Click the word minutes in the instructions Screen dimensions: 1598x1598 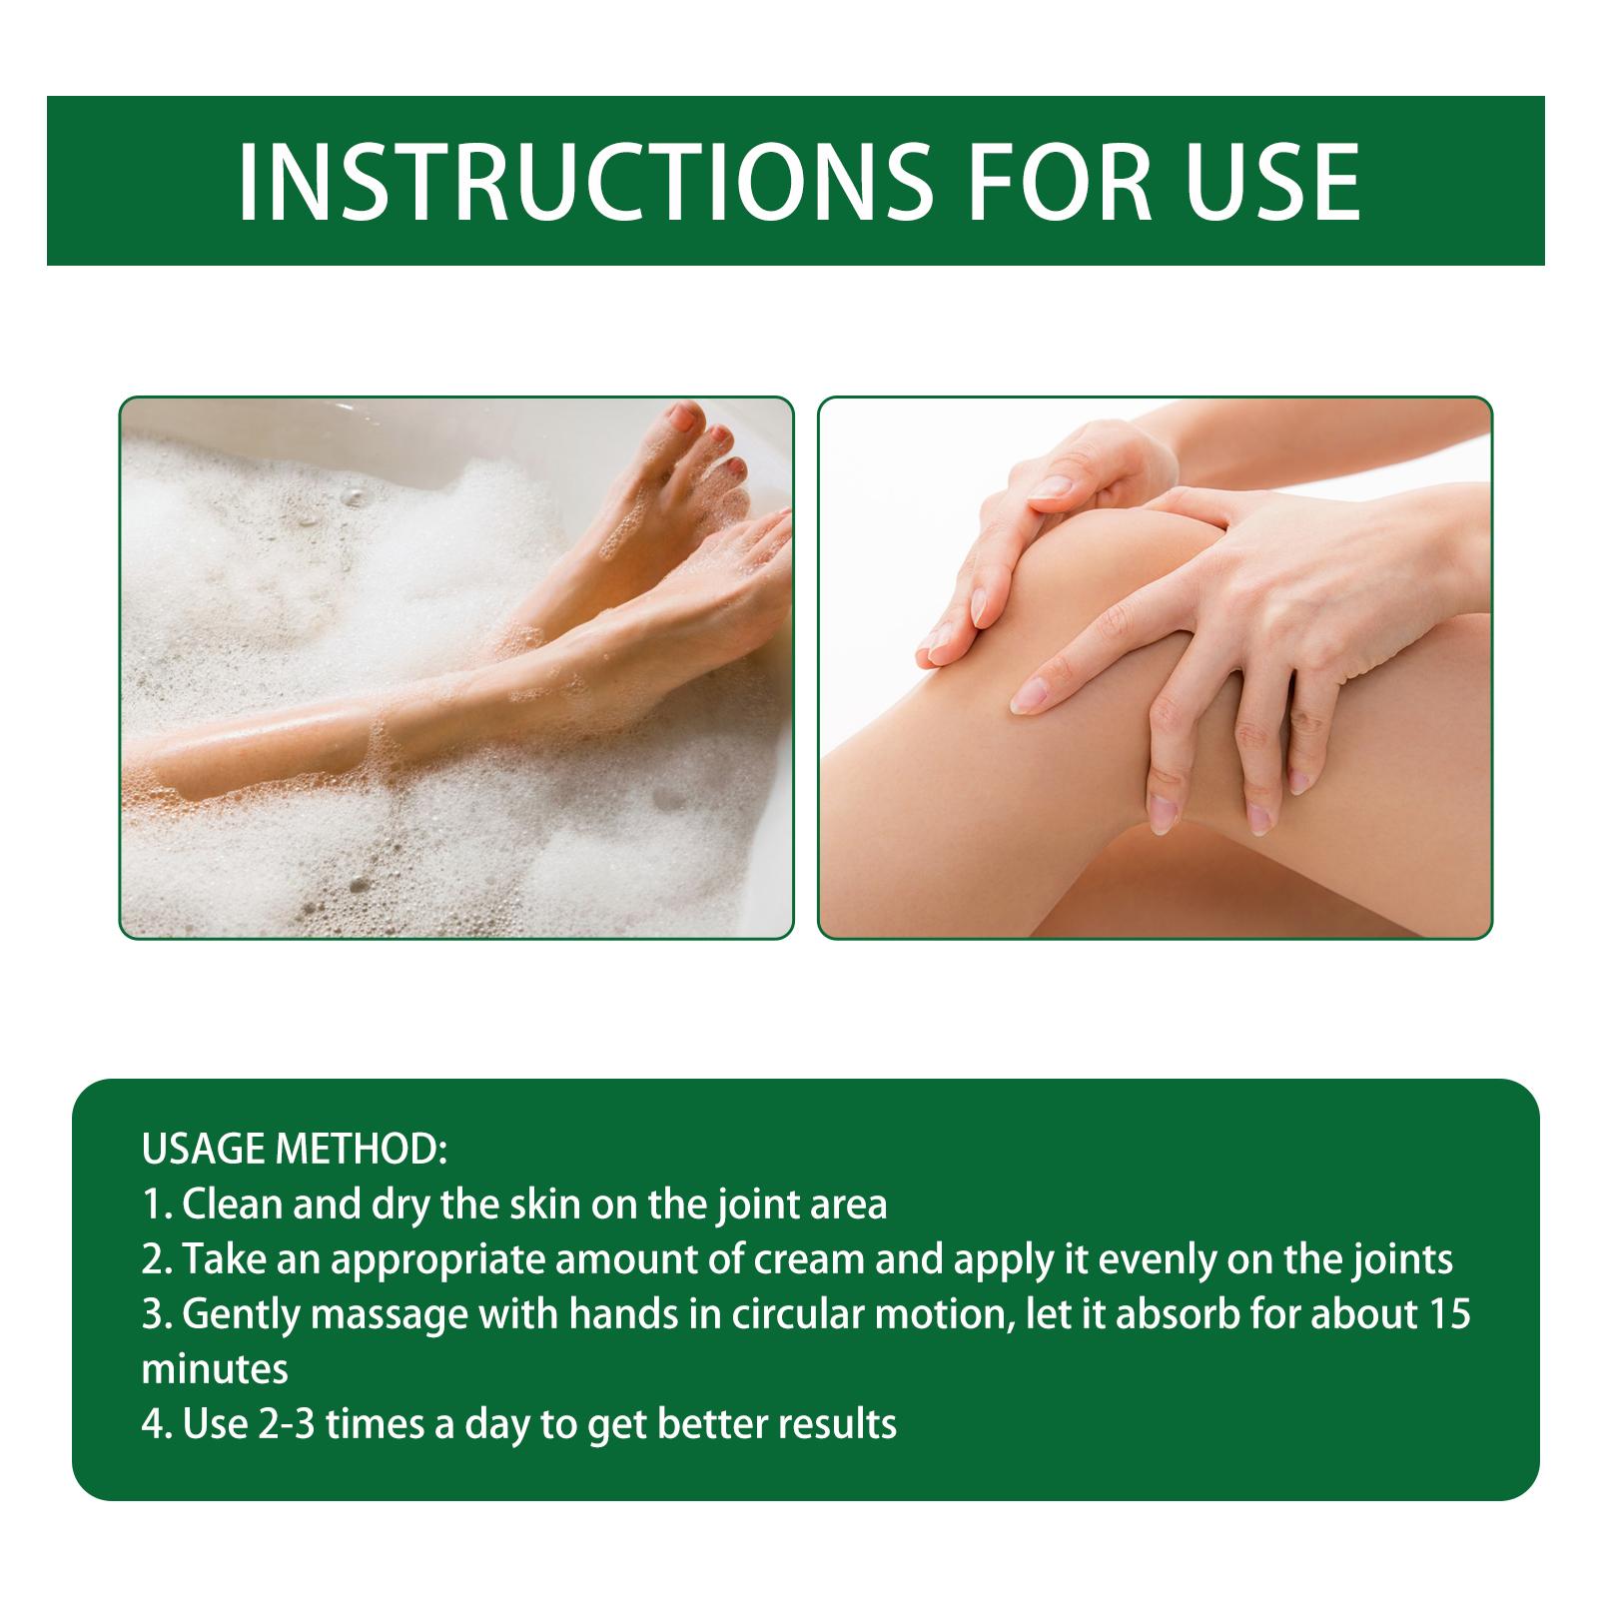(215, 1368)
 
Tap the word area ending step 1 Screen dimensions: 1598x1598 (848, 1206)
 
